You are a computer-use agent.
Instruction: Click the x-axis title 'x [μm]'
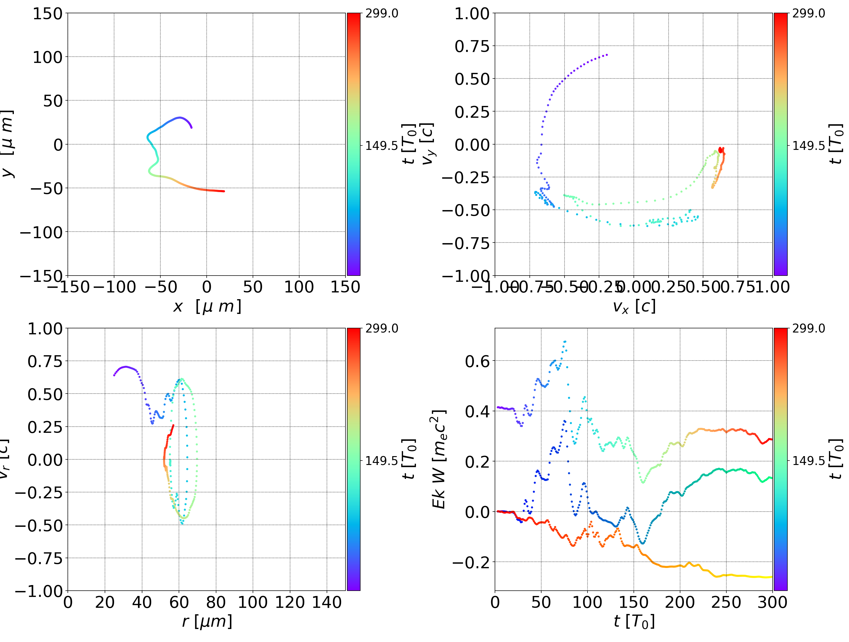pos(207,307)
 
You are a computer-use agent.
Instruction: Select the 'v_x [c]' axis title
pos(634,307)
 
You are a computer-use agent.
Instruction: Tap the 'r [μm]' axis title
pos(207,621)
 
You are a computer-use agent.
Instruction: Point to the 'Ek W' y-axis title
pos(439,459)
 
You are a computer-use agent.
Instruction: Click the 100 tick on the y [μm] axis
pos(47,57)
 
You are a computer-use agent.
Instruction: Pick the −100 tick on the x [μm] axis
pos(114,287)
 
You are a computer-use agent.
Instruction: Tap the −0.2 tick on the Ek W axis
pos(471,562)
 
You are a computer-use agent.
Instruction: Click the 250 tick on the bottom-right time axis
pos(726,602)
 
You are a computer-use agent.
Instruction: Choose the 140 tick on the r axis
pos(327,602)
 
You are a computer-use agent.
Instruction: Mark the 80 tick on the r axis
pos(216,602)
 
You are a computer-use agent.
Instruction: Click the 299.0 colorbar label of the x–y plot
pos(381,14)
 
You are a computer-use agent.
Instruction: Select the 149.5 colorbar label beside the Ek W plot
pos(808,460)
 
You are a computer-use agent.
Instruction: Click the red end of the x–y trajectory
pos(224,191)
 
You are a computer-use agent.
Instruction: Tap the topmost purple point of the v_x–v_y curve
pos(607,55)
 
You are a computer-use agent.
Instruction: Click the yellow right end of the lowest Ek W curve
pos(771,577)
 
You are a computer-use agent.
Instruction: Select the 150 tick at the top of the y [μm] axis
pos(47,14)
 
